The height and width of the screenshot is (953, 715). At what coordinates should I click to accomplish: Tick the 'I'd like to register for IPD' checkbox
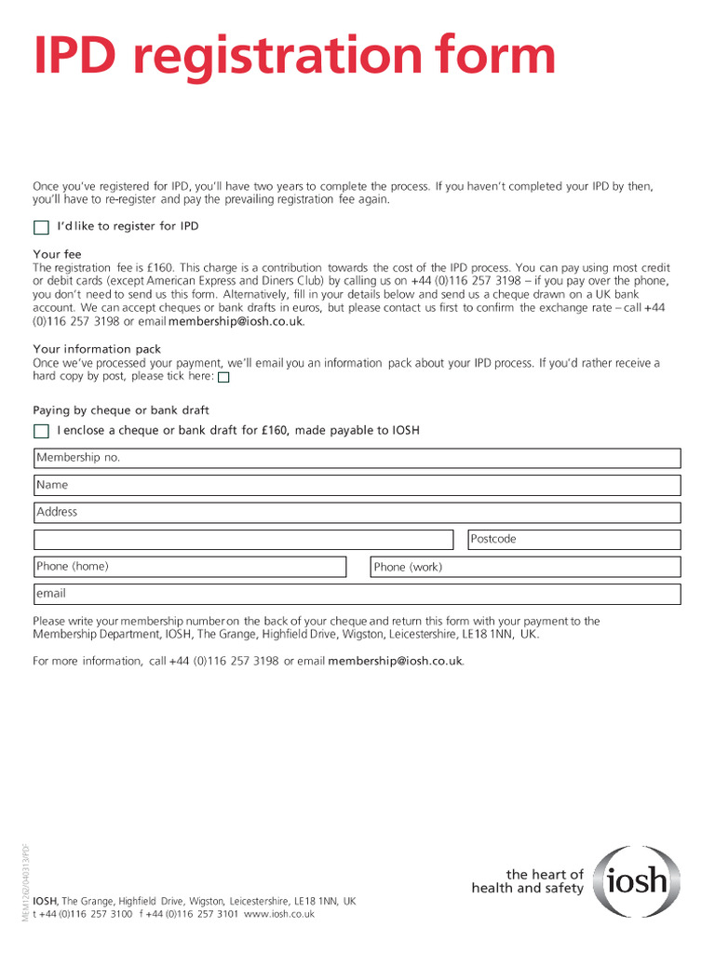41,227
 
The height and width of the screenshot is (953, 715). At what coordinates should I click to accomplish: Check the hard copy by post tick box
223,378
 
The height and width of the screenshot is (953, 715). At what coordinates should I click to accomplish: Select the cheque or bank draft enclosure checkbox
41,431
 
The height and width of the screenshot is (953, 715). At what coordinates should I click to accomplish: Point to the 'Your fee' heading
58,254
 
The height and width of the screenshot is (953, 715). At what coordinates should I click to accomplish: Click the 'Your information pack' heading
97,349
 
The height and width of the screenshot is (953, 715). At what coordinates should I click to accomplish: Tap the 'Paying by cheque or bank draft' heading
121,410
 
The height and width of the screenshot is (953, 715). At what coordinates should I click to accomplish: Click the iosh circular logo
638,881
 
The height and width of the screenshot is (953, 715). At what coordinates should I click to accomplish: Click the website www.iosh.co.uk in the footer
279,914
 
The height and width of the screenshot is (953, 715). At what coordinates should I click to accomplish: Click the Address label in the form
57,512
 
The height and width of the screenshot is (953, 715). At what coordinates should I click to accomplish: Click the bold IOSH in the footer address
45,901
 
